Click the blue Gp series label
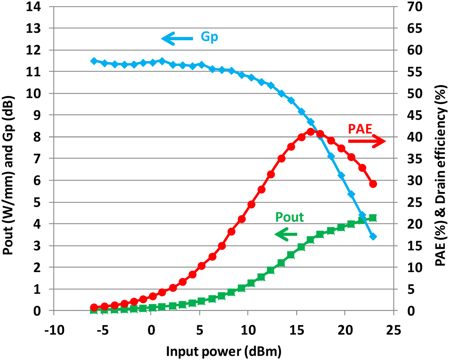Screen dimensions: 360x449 point(209,37)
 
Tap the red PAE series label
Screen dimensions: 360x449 point(360,129)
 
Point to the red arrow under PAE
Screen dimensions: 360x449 point(367,141)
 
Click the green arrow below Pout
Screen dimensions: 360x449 point(286,234)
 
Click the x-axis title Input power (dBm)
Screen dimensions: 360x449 point(224,351)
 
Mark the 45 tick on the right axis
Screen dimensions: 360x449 point(415,115)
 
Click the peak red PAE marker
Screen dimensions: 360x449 point(310,132)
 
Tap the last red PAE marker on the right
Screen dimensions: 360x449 point(373,184)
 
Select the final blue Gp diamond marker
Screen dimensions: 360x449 point(373,237)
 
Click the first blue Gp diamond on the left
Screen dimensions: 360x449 point(94,61)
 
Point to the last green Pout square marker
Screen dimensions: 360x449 point(373,218)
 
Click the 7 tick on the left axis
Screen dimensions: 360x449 point(37,158)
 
